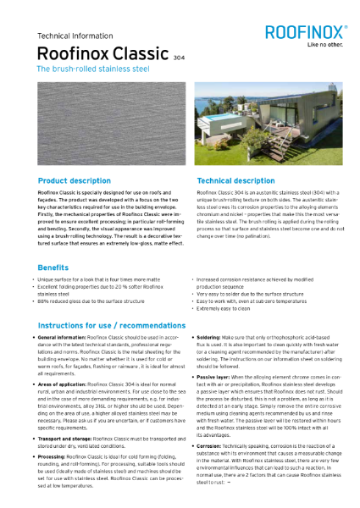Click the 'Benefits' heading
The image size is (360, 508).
click(x=53, y=267)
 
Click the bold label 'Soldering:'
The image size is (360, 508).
click(x=215, y=337)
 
